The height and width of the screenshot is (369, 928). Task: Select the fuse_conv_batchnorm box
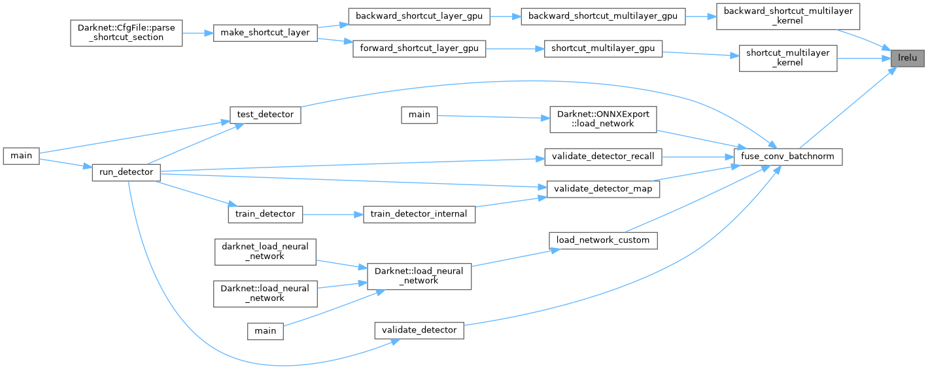tap(787, 157)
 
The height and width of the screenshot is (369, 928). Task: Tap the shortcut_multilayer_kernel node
tap(787, 58)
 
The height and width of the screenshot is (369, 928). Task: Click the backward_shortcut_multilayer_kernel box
tap(787, 16)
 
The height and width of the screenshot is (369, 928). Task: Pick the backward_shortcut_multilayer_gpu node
tap(603, 16)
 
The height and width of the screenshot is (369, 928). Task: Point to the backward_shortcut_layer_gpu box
tap(419, 16)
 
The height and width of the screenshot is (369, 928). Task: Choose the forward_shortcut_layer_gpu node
tap(419, 48)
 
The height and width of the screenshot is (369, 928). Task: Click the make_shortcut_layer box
tap(266, 33)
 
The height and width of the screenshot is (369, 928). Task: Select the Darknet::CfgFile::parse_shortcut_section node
tap(126, 33)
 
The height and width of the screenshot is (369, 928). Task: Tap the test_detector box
tap(265, 114)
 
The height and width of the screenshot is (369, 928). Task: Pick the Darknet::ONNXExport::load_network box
tap(603, 119)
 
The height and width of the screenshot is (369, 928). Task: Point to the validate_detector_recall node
tap(603, 157)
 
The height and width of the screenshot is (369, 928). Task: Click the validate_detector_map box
tap(603, 188)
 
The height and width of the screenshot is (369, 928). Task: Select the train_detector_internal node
tap(419, 214)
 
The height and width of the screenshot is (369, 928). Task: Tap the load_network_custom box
tap(603, 240)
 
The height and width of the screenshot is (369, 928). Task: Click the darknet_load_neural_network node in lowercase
tap(266, 251)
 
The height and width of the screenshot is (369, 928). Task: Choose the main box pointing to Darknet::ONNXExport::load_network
tap(419, 114)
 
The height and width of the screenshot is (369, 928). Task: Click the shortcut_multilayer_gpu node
tap(603, 48)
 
